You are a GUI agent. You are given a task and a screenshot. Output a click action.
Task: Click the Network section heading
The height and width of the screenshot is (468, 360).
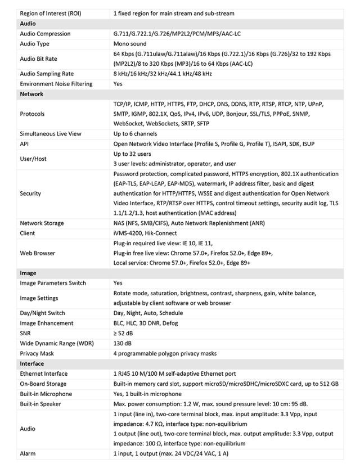[31, 94]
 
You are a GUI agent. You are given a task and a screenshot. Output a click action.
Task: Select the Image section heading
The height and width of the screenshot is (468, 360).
[28, 273]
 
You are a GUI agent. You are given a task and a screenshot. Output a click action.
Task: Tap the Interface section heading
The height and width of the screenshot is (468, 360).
[32, 364]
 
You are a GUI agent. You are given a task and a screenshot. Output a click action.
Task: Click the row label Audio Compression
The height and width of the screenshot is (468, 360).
[46, 34]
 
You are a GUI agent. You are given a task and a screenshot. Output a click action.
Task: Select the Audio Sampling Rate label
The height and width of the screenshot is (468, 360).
[47, 74]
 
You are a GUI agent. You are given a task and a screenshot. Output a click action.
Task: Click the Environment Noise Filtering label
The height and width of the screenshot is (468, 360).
[56, 84]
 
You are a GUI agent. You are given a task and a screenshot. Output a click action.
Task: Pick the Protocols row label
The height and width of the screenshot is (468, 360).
[32, 114]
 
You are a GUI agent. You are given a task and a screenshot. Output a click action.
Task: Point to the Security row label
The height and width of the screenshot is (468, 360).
[30, 193]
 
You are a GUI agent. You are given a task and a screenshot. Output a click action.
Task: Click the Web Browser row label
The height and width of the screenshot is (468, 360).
[37, 253]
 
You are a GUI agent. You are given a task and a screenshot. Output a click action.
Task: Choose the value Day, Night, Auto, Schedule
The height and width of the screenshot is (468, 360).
[148, 313]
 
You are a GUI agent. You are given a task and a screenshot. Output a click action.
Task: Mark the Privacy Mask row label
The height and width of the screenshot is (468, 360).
[37, 354]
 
